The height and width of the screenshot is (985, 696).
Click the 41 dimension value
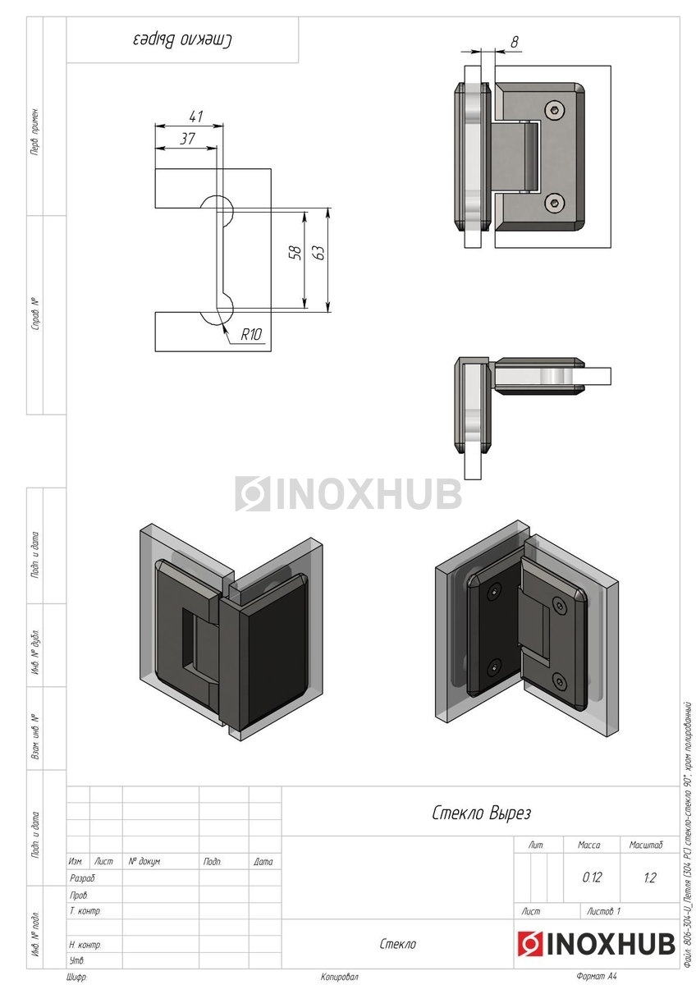[195, 117]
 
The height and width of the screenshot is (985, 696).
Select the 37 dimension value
[188, 139]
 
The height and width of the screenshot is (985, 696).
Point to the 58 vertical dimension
[296, 252]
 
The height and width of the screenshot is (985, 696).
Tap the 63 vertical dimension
[320, 252]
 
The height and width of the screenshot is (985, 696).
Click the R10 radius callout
[251, 335]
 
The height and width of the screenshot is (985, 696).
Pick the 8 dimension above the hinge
[515, 42]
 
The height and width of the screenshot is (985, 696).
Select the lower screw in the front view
[556, 204]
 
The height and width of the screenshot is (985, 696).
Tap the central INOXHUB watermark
[348, 494]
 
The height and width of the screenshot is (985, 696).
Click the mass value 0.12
[591, 877]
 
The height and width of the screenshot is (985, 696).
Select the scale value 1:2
[650, 877]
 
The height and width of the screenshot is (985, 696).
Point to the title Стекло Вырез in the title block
[481, 813]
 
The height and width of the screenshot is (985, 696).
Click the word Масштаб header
[646, 845]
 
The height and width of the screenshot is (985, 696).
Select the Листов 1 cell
[604, 911]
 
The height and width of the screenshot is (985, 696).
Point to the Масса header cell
[589, 845]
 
